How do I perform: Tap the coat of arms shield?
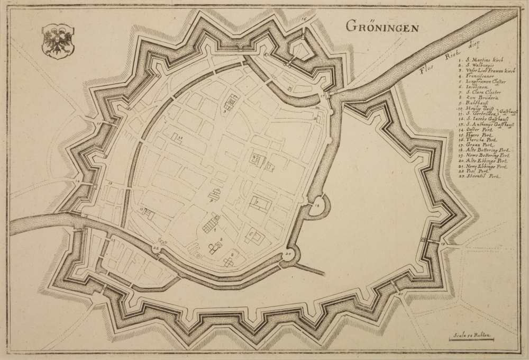click(x=58, y=39)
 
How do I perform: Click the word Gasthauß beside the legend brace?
click(x=508, y=112)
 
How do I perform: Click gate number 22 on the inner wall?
click(x=156, y=248)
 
